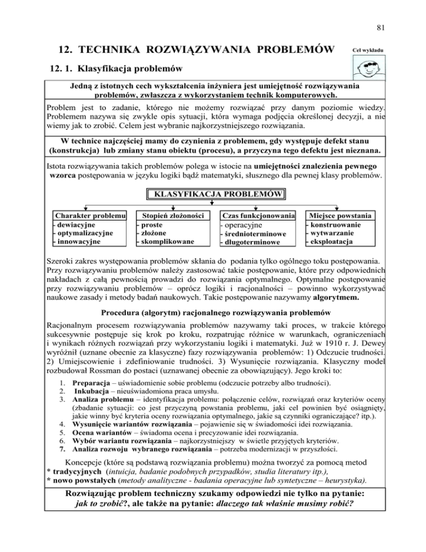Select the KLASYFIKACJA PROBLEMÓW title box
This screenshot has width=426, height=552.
216,195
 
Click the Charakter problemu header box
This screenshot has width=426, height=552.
89,215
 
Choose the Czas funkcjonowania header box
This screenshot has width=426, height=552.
258,215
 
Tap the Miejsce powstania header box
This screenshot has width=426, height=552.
341,215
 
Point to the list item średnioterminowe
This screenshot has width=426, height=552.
255,234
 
